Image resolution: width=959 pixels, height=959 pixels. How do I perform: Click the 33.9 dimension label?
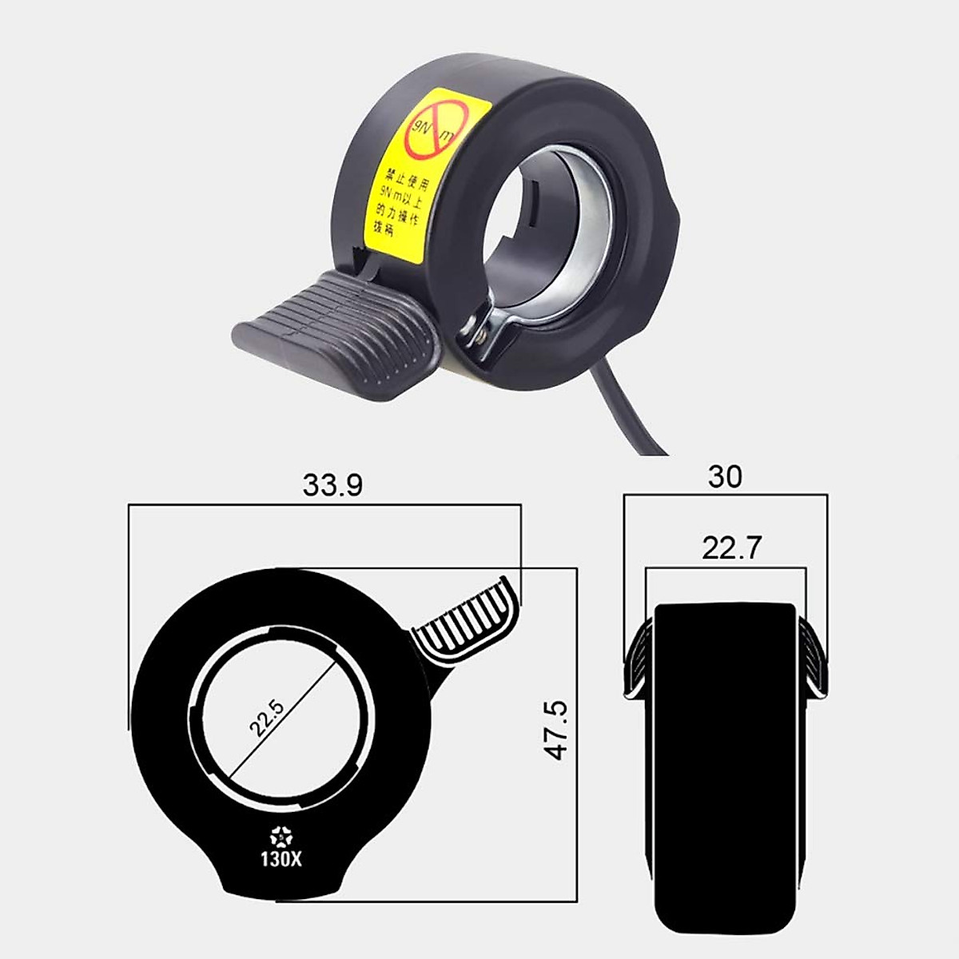[x=332, y=485]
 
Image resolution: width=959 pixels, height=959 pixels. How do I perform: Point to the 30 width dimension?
[x=725, y=476]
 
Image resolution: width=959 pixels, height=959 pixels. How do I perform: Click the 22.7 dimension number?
[x=732, y=548]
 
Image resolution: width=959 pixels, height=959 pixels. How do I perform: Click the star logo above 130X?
[x=281, y=838]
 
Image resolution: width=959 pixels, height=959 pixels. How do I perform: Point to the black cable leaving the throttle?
[x=631, y=416]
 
